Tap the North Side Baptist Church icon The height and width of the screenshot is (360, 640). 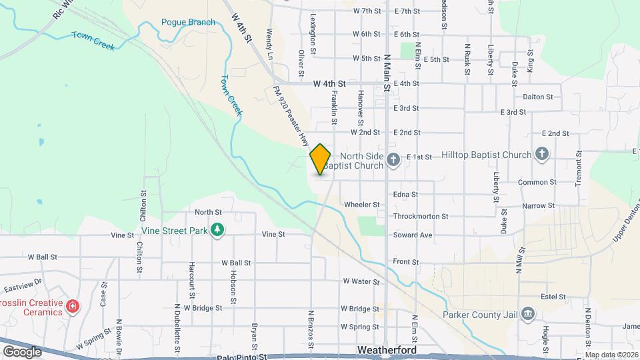pos(393,159)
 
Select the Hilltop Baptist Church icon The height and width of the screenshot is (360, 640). pos(542,155)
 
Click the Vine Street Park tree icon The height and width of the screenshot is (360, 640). pos(217,230)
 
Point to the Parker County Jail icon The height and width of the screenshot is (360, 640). pos(527,313)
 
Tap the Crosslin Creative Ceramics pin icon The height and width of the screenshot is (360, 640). pos(73,307)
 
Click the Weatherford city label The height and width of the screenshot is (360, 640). pos(387,350)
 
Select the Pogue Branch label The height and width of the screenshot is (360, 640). pos(188,22)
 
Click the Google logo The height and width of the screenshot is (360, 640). pos(22,351)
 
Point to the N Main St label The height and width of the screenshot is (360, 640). pos(387,69)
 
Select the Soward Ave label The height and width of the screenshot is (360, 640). pos(413,235)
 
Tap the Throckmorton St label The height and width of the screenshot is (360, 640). pos(421,217)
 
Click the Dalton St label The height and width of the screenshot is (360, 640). pos(538,97)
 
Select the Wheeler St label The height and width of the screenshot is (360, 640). pos(361,205)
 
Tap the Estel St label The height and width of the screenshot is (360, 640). pos(553,297)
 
